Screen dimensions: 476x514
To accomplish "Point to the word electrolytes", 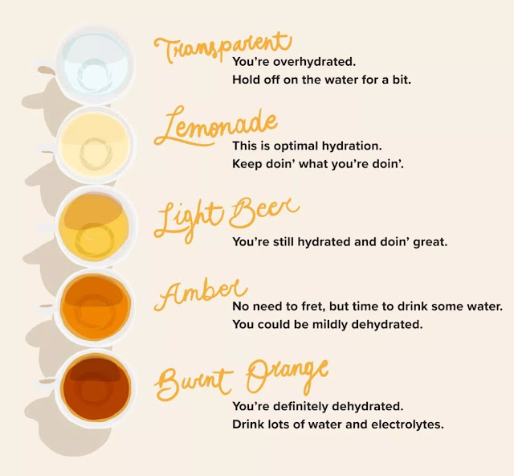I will click(405, 424).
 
